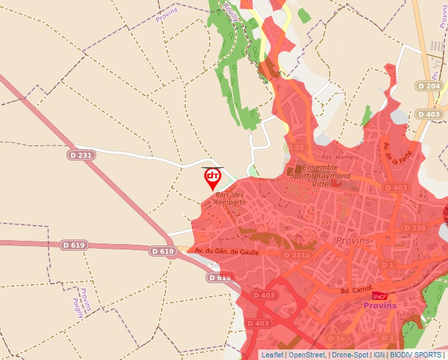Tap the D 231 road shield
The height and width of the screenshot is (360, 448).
point(82,155)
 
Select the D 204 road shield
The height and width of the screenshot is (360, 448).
point(428,86)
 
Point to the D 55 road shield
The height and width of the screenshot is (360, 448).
point(296,148)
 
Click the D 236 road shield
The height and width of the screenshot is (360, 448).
point(414,228)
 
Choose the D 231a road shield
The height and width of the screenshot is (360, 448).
point(295,255)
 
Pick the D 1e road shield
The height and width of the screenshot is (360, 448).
point(337,338)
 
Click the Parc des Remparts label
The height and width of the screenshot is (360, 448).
point(229,198)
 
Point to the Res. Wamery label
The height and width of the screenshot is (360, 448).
point(339,157)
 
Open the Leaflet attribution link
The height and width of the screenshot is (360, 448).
point(272,355)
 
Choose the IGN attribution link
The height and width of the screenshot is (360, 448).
point(379,355)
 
